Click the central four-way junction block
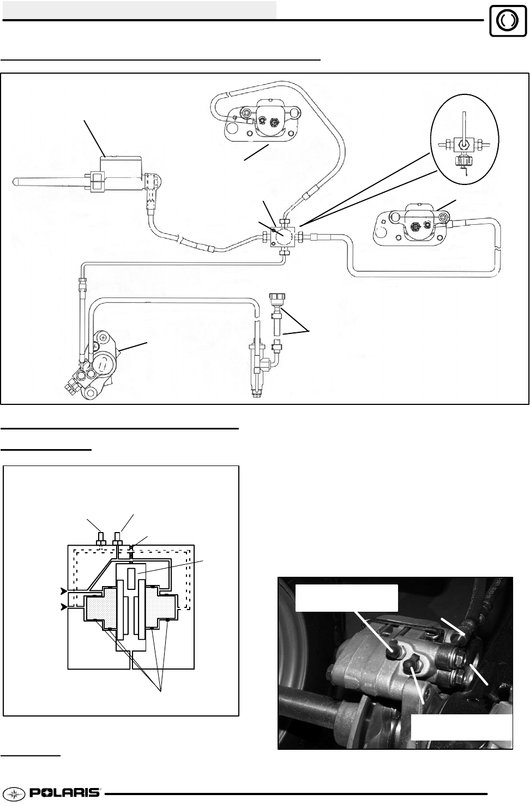click(x=284, y=237)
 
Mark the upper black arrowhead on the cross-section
click(x=64, y=591)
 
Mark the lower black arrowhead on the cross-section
click(x=64, y=606)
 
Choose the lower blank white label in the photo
click(x=461, y=726)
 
